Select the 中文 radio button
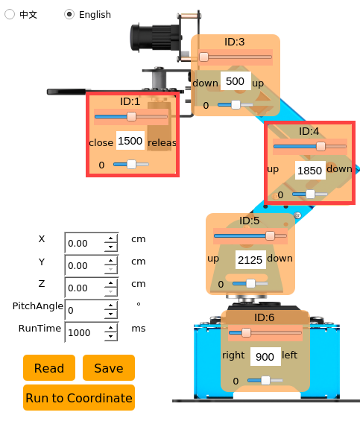10,14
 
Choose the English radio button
69,14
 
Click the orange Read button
49,367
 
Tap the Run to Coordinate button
79,397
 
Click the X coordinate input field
85,243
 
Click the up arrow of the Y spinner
111,260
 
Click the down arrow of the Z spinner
111,291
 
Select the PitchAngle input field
85,310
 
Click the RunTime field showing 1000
85,332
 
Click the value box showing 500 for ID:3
236,80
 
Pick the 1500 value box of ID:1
130,140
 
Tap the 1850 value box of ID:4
310,170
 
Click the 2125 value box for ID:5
250,259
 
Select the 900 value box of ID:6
265,356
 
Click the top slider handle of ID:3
204,57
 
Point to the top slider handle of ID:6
246,332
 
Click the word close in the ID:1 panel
101,142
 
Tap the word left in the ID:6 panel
289,355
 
